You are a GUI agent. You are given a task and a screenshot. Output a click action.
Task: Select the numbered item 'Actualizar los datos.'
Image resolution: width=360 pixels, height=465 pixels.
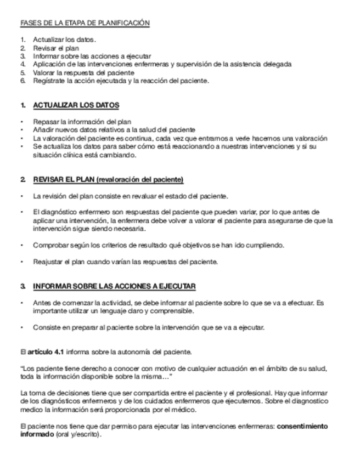coord(64,40)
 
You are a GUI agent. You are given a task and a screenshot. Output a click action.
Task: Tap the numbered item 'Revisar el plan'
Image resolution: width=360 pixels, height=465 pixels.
coord(57,48)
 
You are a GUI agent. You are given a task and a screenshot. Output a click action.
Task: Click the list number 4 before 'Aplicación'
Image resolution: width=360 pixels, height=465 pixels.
coord(22,64)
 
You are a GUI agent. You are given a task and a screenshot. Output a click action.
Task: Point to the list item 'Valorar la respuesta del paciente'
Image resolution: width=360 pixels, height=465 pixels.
coord(83,72)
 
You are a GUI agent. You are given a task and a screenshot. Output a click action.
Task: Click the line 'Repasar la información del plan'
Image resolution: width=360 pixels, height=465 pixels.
coord(82,121)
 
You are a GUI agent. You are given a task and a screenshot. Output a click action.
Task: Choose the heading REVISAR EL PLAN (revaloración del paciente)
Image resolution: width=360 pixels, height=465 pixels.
coord(108,180)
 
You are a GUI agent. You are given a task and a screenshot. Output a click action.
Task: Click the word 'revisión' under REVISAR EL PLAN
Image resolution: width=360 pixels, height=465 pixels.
coord(58,196)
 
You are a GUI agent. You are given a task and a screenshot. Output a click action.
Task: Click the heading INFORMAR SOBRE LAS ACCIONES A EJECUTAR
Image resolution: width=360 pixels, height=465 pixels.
coord(114,287)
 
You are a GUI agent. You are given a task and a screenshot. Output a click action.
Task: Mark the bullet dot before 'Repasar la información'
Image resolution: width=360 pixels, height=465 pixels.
coord(22,121)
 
